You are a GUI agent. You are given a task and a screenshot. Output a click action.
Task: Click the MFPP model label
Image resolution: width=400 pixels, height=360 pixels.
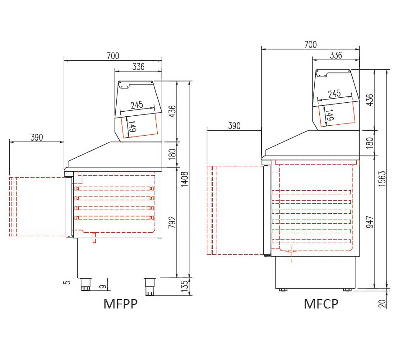(x=120, y=304)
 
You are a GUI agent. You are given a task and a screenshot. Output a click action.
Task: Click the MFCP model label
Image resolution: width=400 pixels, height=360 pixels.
(x=321, y=304)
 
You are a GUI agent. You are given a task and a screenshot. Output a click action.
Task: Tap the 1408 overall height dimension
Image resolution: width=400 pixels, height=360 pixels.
(x=185, y=179)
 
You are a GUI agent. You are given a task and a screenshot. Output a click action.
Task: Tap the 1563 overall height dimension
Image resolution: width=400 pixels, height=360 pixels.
(x=382, y=179)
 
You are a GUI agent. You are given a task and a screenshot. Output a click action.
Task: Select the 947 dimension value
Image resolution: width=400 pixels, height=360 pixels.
(x=370, y=222)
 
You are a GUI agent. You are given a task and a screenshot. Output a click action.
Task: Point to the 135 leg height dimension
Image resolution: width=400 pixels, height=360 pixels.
(x=184, y=286)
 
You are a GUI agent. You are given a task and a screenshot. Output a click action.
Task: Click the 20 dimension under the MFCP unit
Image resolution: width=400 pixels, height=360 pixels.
(x=382, y=303)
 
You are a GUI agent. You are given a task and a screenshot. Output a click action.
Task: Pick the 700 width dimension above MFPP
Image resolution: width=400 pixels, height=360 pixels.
(x=113, y=56)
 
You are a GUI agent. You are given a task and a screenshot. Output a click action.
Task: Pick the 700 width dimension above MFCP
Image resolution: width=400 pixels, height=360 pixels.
(x=310, y=44)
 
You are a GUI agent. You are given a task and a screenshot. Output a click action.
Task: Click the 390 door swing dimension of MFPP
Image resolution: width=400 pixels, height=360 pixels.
(x=37, y=137)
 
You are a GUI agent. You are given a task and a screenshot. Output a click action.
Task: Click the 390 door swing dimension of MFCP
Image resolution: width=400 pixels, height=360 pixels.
(x=234, y=126)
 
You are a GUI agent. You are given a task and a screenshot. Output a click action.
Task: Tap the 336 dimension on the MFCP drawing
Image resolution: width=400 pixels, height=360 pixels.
(x=336, y=55)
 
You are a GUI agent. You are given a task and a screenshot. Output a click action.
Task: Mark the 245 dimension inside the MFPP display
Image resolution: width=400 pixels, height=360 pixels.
(x=137, y=105)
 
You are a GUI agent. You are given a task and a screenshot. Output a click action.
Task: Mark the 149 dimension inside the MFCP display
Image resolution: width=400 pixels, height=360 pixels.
(x=329, y=115)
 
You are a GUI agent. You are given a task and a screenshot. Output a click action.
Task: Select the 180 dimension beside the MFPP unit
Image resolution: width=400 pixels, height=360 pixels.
(x=172, y=154)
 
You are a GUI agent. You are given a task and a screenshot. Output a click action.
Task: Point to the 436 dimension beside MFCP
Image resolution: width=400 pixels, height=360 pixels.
(x=370, y=100)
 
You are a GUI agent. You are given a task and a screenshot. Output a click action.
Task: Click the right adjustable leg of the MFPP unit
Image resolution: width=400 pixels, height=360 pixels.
(x=150, y=286)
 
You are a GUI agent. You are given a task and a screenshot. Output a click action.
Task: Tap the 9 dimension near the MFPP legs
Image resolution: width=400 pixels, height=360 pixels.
(x=103, y=286)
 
